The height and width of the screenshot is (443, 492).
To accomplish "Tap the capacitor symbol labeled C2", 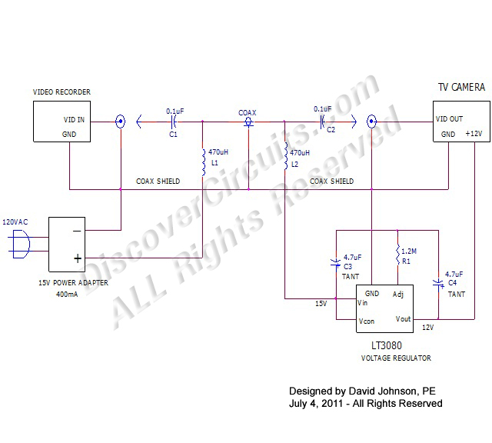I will click(x=323, y=121).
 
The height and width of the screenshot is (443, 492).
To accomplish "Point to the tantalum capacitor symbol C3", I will click(x=336, y=263).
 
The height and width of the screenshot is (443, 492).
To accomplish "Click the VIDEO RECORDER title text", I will click(x=61, y=92).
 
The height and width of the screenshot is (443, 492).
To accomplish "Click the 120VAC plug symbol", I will click(x=21, y=245).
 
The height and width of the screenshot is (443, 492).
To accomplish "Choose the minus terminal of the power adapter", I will click(x=77, y=230).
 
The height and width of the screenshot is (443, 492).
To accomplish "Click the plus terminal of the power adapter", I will click(x=77, y=258).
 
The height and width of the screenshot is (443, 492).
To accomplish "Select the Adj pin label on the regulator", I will click(x=398, y=295).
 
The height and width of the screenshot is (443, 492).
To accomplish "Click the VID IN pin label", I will click(x=75, y=121).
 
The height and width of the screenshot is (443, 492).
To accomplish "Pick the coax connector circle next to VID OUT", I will click(x=372, y=121).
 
